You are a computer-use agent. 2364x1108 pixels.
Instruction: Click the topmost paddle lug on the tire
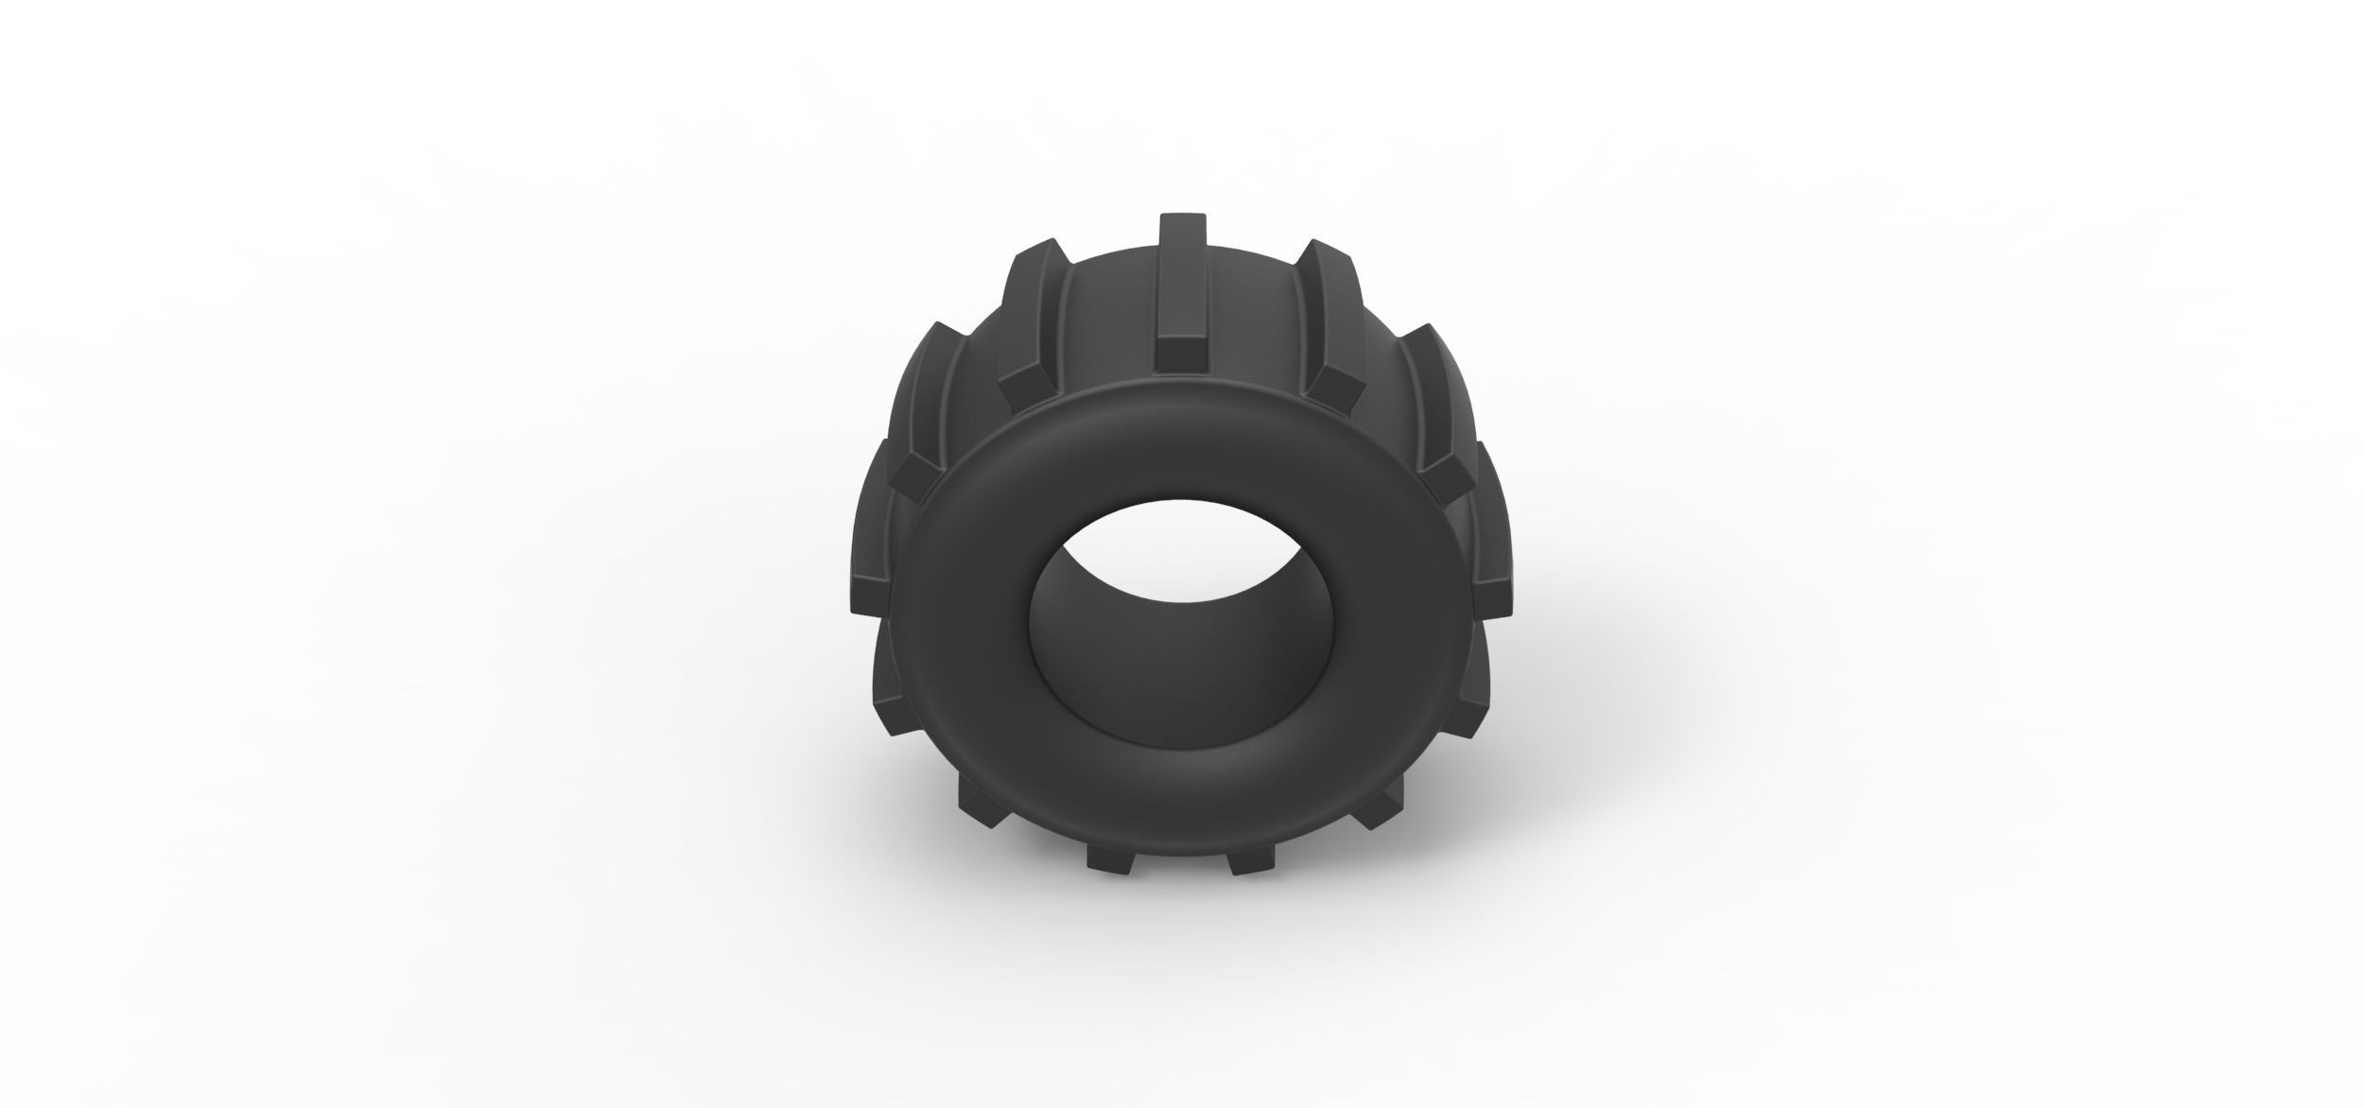1183,293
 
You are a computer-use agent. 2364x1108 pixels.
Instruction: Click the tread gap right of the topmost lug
1258,312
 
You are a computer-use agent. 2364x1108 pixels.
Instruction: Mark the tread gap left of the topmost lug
1106,312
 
